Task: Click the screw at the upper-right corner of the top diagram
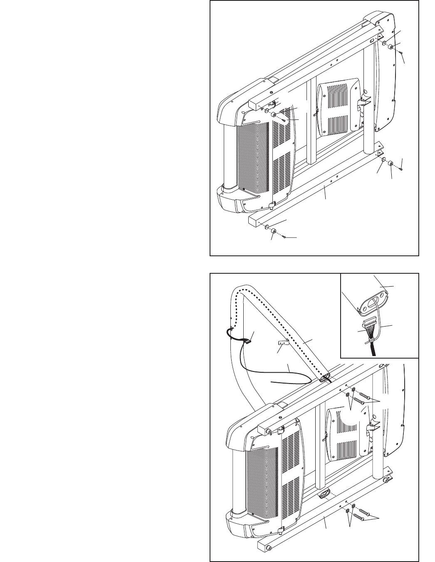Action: tap(399, 52)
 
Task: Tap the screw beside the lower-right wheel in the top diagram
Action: tap(399, 169)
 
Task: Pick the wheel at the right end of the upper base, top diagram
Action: tap(391, 47)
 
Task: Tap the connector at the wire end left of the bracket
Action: tap(249, 342)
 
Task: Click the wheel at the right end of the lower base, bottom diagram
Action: tap(388, 480)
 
